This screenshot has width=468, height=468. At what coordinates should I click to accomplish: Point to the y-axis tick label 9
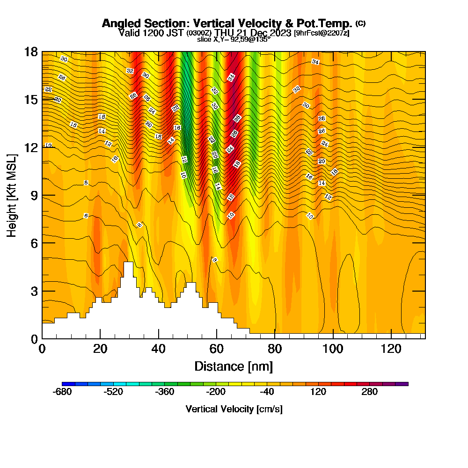tap(33, 195)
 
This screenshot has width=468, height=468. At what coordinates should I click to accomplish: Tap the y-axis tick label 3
tap(33, 291)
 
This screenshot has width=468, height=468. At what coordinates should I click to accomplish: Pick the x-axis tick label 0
tap(42, 349)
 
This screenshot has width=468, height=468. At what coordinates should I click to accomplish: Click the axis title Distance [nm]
tap(234, 366)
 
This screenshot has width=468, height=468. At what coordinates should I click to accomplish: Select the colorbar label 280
tap(370, 392)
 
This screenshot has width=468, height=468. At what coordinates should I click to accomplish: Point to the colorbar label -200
tap(216, 392)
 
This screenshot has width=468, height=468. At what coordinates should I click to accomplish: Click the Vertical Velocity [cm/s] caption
tap(234, 409)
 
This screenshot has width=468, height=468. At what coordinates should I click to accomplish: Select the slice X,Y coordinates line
tap(234, 40)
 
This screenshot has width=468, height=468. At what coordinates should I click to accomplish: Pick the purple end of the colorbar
tap(405, 384)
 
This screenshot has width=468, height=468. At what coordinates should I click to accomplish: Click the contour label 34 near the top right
tap(315, 62)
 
